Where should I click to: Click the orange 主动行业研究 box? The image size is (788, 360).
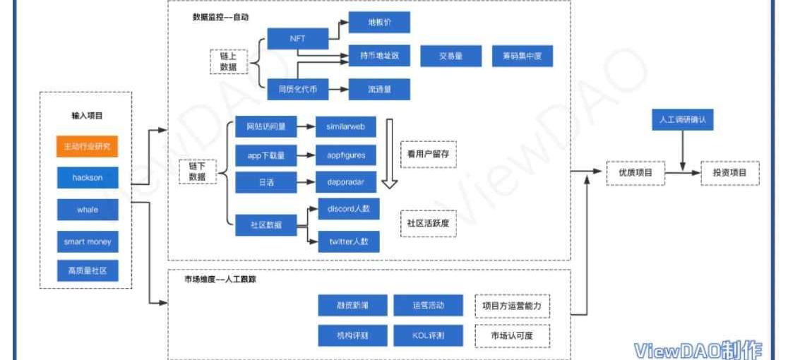[x=88, y=146]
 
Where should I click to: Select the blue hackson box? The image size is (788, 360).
[x=88, y=178]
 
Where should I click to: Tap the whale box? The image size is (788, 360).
[x=88, y=210]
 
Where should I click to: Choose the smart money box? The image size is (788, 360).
[x=88, y=241]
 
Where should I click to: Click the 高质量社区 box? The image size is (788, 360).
[x=88, y=270]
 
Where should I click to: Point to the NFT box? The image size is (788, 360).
[x=297, y=39]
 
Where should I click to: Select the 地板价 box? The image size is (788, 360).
[x=379, y=23]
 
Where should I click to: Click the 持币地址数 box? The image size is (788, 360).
[x=379, y=56]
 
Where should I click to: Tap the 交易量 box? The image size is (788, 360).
[x=450, y=56]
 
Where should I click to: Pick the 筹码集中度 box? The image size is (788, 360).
[x=523, y=56]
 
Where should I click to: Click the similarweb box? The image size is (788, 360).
[x=345, y=126]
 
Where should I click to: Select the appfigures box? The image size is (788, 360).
[x=345, y=155]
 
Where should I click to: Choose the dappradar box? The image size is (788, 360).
[x=345, y=182]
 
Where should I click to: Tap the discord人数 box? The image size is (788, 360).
[x=348, y=210]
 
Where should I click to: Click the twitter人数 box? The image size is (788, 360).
[x=348, y=241]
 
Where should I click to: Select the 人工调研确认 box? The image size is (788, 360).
[x=681, y=121]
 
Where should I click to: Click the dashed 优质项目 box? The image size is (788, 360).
[x=635, y=173]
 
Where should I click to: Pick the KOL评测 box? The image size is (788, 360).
[x=428, y=336]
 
